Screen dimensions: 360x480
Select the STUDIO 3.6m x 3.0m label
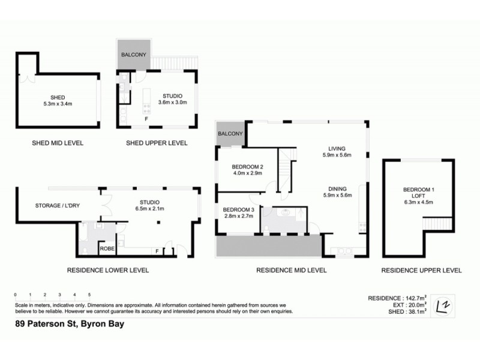(x=173, y=99)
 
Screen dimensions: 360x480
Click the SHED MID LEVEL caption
(x=57, y=143)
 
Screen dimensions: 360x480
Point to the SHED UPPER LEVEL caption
(x=157, y=143)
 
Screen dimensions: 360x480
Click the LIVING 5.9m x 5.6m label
(x=335, y=151)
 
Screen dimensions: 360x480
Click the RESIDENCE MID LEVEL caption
(x=291, y=271)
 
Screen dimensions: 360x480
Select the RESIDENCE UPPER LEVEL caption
(x=422, y=271)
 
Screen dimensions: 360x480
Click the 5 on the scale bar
(x=89, y=295)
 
